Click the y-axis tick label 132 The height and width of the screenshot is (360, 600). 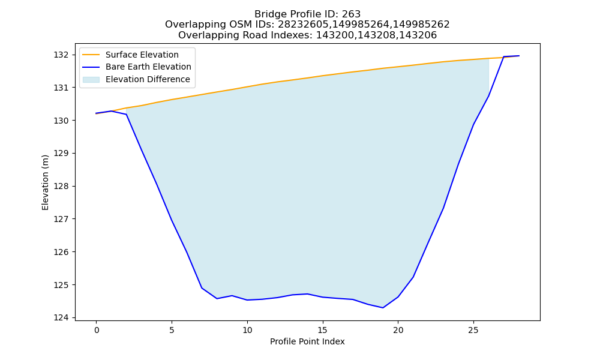(x=61, y=55)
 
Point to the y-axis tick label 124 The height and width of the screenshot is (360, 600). (x=61, y=317)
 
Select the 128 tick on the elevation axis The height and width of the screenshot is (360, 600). (x=61, y=187)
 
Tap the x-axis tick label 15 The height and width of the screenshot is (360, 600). (x=323, y=330)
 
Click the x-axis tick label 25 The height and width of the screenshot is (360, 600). (x=474, y=330)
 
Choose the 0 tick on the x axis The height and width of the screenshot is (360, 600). (x=97, y=330)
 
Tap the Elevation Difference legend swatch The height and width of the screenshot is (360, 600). (x=91, y=80)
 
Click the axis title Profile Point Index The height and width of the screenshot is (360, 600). (x=307, y=341)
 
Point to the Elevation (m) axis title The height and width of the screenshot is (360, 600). (x=46, y=182)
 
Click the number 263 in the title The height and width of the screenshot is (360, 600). (x=351, y=14)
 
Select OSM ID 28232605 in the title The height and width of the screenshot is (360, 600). (x=304, y=25)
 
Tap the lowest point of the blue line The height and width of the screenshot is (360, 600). (x=383, y=308)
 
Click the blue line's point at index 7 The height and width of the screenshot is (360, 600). (x=202, y=287)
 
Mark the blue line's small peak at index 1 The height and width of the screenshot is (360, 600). (x=112, y=111)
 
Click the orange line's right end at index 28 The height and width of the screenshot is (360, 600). (x=519, y=56)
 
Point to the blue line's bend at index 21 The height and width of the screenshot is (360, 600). (x=413, y=277)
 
